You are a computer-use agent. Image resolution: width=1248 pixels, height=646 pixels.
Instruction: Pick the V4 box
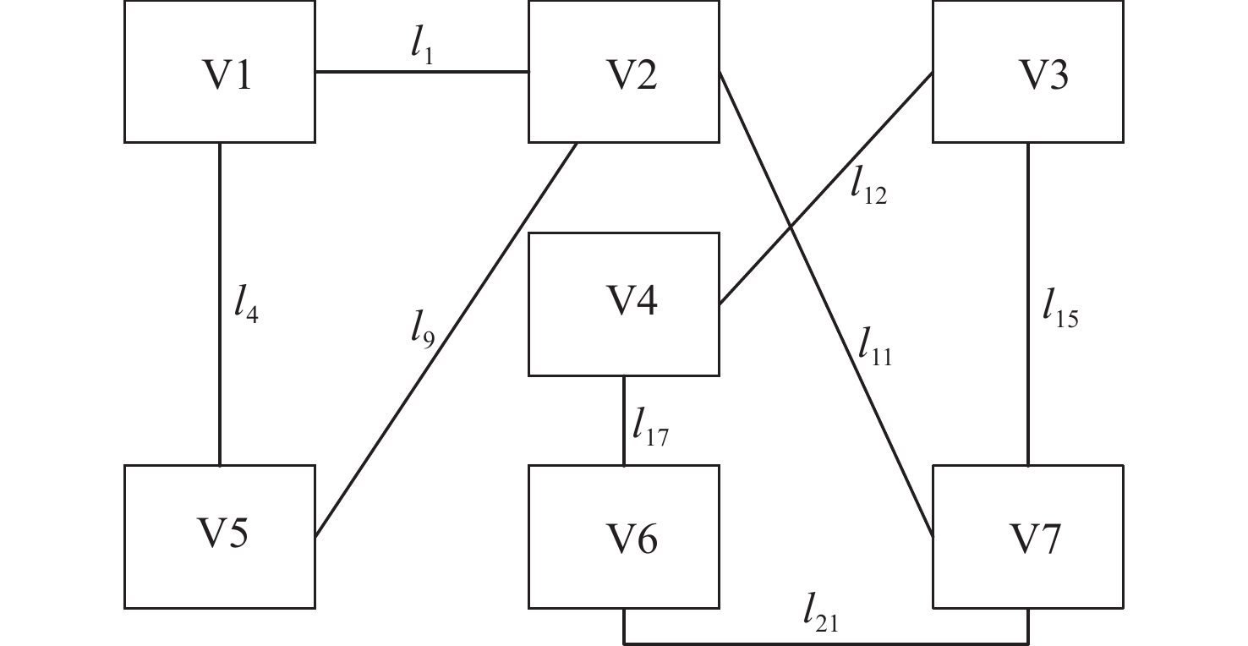point(624,304)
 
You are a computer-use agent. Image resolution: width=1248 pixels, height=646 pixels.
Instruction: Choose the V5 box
point(220,536)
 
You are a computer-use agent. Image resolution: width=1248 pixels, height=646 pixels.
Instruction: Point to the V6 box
point(624,536)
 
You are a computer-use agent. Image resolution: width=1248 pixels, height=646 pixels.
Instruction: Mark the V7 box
point(1028,536)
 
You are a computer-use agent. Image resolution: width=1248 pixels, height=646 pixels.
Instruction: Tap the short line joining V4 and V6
point(624,420)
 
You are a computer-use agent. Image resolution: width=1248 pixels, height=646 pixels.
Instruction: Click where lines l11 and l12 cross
point(792,226)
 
